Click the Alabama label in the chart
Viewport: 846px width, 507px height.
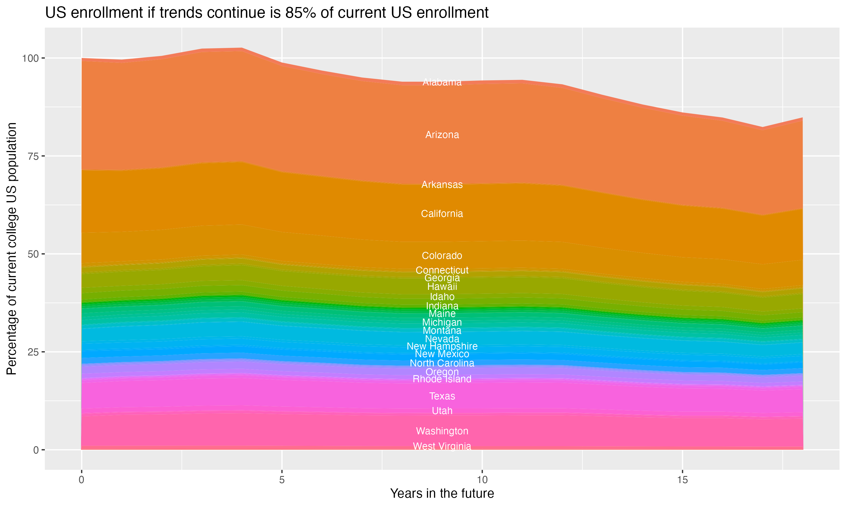(x=442, y=82)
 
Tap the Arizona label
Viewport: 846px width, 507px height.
(x=442, y=135)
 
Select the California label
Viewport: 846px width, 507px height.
(x=442, y=214)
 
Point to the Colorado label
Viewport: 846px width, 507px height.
(x=442, y=255)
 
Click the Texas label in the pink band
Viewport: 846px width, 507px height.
(x=442, y=396)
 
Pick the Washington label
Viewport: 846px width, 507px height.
(x=442, y=431)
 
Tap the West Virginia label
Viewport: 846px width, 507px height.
(x=442, y=446)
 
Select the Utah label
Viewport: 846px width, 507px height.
(x=442, y=411)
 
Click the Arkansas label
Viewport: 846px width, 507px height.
(x=442, y=185)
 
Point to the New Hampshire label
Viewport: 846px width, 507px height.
(x=442, y=346)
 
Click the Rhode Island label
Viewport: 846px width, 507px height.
(x=442, y=379)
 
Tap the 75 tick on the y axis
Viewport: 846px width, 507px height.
(x=32, y=156)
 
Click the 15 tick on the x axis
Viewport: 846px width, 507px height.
(x=682, y=480)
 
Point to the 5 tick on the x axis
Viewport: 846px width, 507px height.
(x=282, y=480)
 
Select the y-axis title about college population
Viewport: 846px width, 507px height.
(x=12, y=249)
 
